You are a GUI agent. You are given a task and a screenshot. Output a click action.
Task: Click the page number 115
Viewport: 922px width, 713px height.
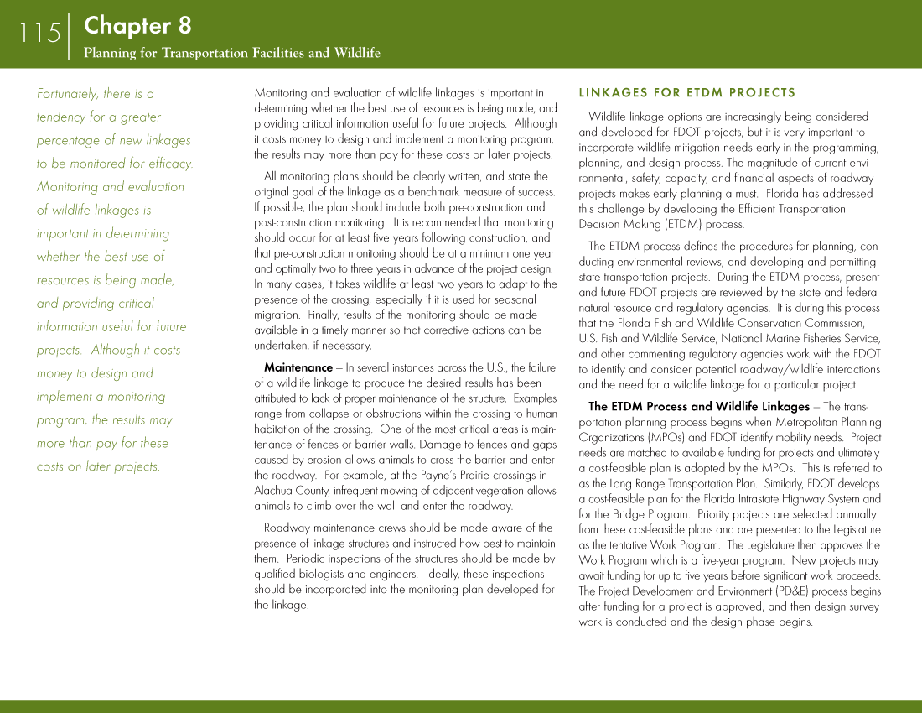tap(40, 34)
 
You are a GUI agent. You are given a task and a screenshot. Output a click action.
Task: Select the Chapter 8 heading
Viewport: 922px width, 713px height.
tap(137, 26)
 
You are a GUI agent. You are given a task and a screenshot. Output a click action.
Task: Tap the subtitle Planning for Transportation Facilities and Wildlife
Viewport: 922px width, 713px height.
tap(231, 53)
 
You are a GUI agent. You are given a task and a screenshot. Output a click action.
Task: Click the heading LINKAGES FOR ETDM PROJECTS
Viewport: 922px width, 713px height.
tap(686, 92)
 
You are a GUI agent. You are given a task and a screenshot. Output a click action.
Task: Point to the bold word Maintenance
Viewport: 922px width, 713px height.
tap(298, 367)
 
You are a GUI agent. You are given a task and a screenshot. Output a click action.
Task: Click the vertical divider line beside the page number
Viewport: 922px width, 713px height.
tap(70, 35)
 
